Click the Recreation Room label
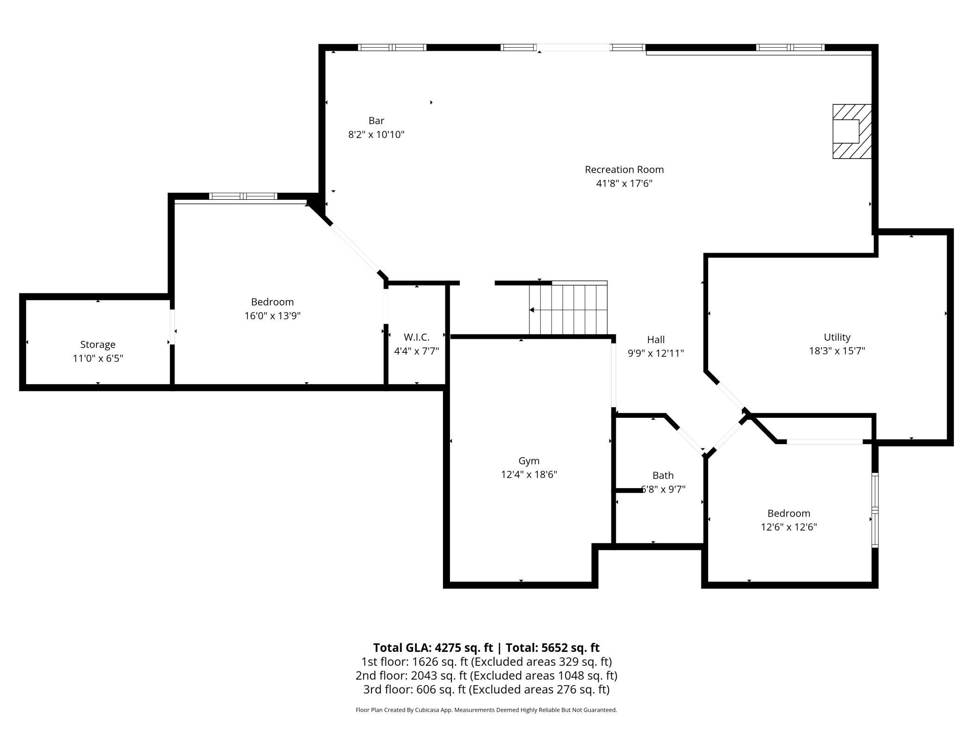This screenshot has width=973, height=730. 624,169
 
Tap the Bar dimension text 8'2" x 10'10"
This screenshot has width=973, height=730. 376,135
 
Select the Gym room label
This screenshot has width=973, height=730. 529,461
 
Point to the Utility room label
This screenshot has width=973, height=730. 837,337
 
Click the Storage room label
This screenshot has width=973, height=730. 98,345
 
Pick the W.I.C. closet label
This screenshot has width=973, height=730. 416,337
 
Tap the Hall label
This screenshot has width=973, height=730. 656,339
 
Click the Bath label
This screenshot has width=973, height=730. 663,475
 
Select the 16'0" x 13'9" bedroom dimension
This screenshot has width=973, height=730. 272,316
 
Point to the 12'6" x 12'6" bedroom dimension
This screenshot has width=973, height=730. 789,527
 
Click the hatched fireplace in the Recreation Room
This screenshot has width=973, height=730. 852,131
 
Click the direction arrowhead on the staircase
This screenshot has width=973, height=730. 531,310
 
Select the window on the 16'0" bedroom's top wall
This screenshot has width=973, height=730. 243,196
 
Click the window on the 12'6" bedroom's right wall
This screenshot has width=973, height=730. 875,510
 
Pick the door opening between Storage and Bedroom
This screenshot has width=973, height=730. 172,327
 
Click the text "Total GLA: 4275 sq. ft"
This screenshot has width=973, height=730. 433,648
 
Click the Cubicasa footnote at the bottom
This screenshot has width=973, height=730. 486,710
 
